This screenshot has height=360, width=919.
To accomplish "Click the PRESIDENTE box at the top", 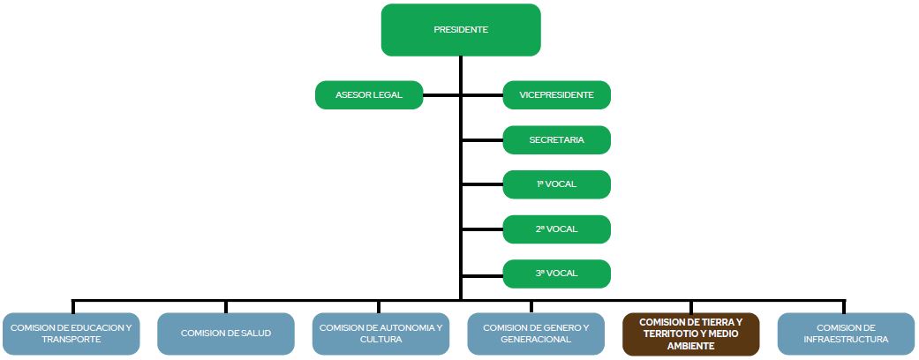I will [x=460, y=30].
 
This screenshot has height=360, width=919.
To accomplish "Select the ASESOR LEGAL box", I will [x=369, y=95].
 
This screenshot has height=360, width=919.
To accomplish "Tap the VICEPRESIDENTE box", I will [x=556, y=95].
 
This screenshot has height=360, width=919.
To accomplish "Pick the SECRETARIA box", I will [x=556, y=140].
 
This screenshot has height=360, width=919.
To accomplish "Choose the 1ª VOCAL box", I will [x=556, y=184].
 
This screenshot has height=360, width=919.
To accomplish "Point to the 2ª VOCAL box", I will [x=556, y=229].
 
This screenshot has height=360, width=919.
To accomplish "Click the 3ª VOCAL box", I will [x=556, y=274].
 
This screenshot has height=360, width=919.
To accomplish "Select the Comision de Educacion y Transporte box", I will [x=71, y=334].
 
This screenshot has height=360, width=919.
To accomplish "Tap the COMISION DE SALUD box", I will [x=225, y=334].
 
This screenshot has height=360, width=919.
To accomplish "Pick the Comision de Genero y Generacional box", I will [x=536, y=334].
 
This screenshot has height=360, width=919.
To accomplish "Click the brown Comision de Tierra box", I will [x=690, y=334].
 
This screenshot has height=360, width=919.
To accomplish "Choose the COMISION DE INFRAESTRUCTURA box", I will [x=846, y=334].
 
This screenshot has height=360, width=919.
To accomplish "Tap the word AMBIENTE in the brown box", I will [x=691, y=347].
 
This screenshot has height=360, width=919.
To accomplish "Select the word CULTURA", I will [x=381, y=340].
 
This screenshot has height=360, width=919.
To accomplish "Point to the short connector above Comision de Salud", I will [x=225, y=306].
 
